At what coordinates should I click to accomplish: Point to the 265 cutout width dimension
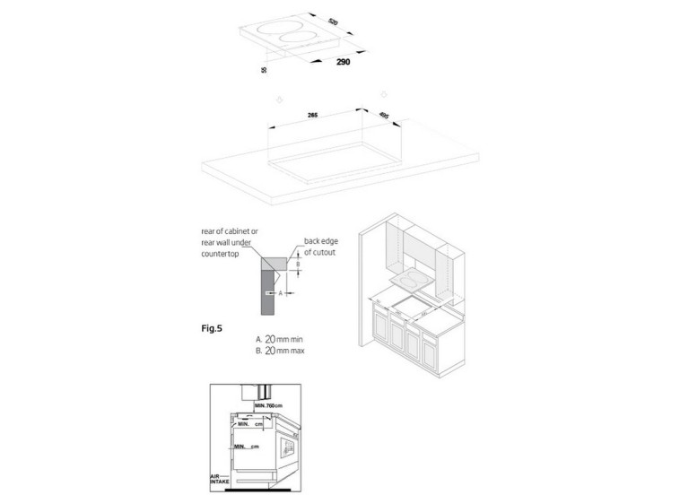(313, 116)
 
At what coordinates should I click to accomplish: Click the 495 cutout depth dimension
(383, 115)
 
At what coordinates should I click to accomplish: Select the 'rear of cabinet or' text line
(229, 230)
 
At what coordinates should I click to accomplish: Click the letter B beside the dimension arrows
(300, 265)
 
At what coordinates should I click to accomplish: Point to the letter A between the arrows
(281, 292)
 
